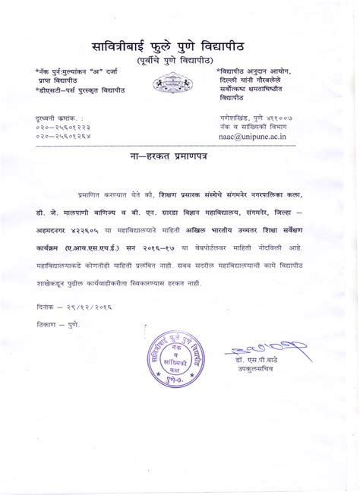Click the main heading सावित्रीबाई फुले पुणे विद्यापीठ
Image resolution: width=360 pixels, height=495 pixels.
(179, 44)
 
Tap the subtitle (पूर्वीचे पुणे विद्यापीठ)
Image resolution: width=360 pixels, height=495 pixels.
(179, 60)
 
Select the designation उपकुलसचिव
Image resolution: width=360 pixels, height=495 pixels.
(250, 375)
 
